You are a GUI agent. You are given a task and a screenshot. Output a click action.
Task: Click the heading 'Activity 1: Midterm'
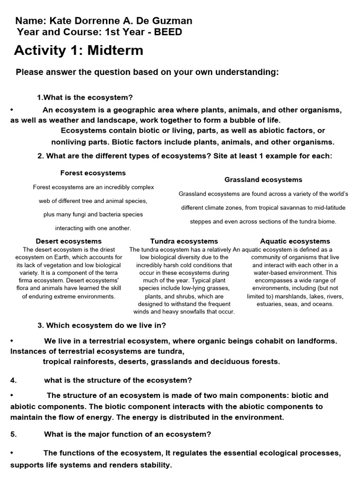78,51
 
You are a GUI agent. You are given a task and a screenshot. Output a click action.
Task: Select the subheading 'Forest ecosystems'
93,173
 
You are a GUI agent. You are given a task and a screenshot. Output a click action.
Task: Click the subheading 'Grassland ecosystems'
263,180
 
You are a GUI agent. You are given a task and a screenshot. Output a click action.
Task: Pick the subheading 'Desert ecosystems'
68,241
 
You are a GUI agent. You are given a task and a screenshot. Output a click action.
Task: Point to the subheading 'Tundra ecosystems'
184,241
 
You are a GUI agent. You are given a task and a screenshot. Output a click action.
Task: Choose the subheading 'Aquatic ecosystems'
295,241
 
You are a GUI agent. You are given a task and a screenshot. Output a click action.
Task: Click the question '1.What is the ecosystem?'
85,97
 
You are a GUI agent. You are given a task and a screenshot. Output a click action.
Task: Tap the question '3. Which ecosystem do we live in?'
101,325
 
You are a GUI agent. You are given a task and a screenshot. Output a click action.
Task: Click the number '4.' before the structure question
14,380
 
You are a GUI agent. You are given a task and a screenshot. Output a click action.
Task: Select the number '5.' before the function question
14,435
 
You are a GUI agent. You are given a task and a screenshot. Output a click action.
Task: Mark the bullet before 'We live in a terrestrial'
11,341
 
